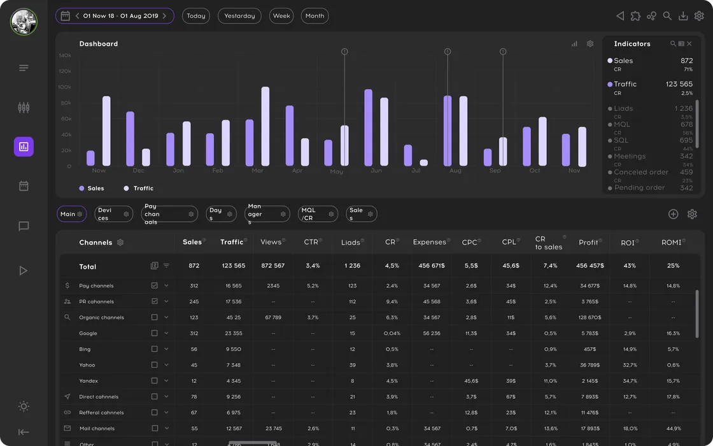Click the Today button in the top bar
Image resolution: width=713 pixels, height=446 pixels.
pyautogui.click(x=196, y=16)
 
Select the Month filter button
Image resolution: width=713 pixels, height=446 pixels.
pyautogui.click(x=314, y=16)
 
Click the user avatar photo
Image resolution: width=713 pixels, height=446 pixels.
pyautogui.click(x=24, y=22)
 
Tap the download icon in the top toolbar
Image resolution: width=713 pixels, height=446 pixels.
pyautogui.click(x=683, y=16)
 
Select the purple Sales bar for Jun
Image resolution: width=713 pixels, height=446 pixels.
pyautogui.click(x=368, y=127)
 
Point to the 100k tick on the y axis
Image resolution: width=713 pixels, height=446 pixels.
pyautogui.click(x=66, y=87)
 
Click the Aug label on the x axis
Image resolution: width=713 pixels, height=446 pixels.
pyautogui.click(x=455, y=171)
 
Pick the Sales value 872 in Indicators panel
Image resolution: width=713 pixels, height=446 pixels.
pyautogui.click(x=686, y=61)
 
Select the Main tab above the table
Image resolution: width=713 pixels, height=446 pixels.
pyautogui.click(x=71, y=214)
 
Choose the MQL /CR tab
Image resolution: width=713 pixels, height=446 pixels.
pyautogui.click(x=317, y=214)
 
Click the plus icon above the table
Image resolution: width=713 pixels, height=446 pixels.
pyautogui.click(x=673, y=214)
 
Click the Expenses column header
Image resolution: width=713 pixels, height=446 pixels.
pyautogui.click(x=429, y=242)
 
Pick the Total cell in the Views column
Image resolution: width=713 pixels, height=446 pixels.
pyautogui.click(x=273, y=266)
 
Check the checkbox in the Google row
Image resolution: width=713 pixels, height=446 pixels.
pyautogui.click(x=154, y=333)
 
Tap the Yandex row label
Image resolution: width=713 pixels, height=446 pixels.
pyautogui.click(x=88, y=381)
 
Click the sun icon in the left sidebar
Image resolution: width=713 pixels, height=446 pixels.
pyautogui.click(x=24, y=406)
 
